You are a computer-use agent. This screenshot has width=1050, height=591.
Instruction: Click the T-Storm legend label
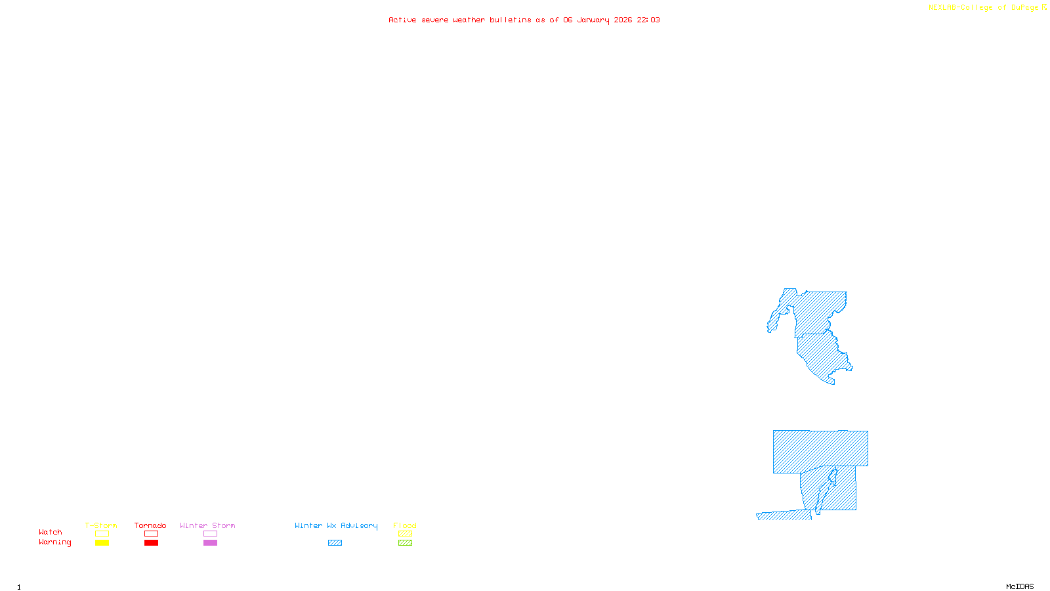point(101,525)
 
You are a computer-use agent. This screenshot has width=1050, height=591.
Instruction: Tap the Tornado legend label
point(150,525)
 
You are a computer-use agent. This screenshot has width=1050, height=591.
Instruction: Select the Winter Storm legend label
point(207,525)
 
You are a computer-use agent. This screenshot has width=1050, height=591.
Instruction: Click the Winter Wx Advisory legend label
point(336,525)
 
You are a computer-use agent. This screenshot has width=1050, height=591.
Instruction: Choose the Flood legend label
point(405,525)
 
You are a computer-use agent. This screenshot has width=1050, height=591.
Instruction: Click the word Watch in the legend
point(51,532)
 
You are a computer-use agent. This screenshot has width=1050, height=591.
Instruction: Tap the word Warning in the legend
point(55,542)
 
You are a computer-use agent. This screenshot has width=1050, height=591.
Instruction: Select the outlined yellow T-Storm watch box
point(102,534)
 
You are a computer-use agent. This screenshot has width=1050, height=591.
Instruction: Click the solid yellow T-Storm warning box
point(102,543)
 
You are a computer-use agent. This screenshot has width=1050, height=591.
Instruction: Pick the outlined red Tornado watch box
point(152,534)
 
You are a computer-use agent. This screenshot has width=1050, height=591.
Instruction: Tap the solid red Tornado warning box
point(152,543)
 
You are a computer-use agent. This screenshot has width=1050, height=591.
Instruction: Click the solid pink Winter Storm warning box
point(210,543)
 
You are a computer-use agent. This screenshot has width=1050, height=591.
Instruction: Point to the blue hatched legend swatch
point(335,543)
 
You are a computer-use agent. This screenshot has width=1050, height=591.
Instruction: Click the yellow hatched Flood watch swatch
point(406,534)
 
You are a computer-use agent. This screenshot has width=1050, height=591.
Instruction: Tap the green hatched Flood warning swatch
point(406,543)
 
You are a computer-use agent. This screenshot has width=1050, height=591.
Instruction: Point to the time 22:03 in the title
point(648,20)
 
